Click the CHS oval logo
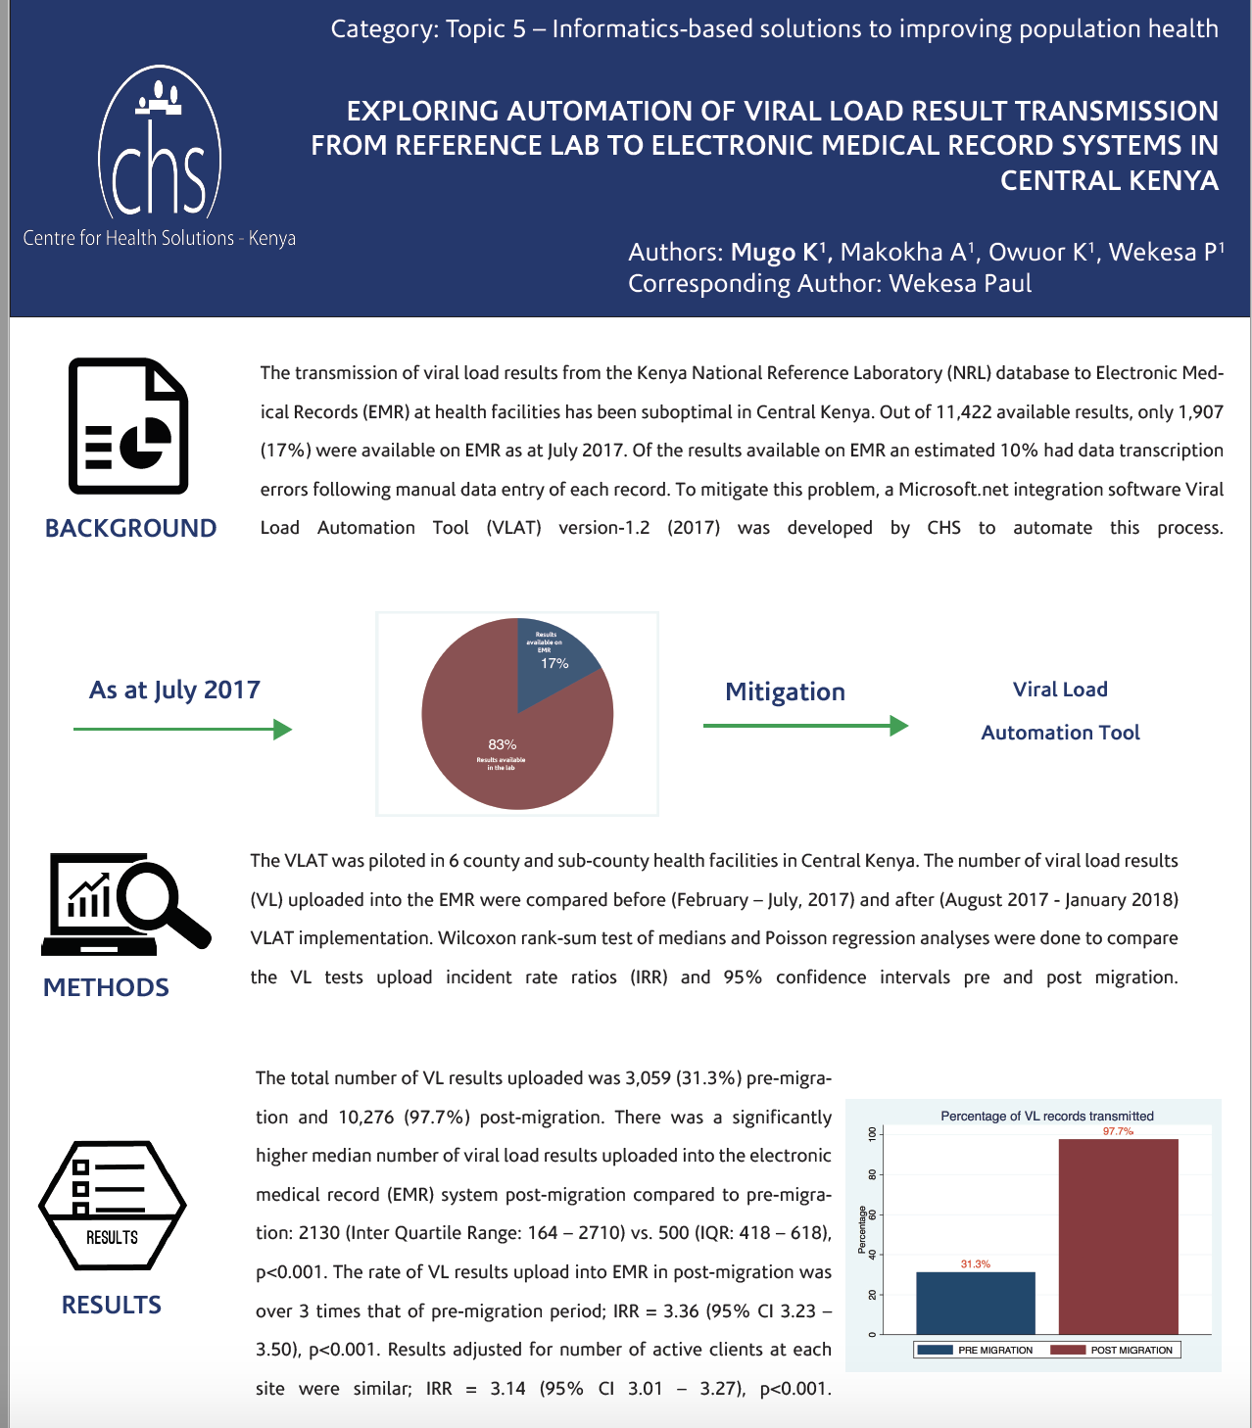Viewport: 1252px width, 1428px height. coord(160,145)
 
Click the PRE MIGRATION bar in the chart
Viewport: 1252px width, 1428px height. coord(975,1303)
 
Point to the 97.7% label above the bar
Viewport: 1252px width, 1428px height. coord(1118,1131)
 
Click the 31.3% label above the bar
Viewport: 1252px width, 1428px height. coord(975,1264)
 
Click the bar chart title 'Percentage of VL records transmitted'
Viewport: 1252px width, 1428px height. coord(1046,1116)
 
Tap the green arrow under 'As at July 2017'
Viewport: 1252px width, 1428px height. coord(182,729)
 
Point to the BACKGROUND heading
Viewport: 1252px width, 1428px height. coord(130,528)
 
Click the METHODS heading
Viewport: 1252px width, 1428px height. coord(106,987)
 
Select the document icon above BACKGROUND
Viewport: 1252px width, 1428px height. coord(128,425)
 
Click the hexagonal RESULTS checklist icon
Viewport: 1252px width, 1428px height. coord(112,1205)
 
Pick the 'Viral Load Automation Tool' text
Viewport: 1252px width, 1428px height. coord(1060,711)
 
